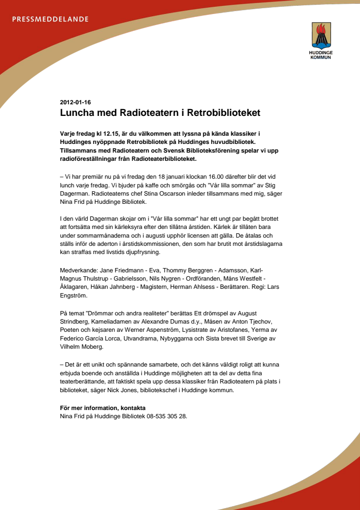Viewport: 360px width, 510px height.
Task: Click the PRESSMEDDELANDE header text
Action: [x=50, y=19]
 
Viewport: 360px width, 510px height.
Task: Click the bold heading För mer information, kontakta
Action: [x=102, y=408]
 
